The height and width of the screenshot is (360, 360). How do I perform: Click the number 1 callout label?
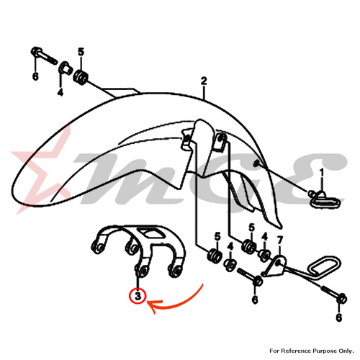[x=322, y=173]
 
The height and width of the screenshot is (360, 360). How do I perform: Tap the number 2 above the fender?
[x=204, y=81]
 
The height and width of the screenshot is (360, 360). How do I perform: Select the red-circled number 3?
[x=138, y=296]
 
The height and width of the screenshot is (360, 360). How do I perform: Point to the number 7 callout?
[x=280, y=240]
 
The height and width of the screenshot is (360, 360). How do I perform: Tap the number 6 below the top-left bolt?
[x=35, y=76]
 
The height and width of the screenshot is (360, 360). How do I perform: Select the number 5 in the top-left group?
[x=81, y=52]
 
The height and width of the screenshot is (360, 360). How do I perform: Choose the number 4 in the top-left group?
[x=60, y=91]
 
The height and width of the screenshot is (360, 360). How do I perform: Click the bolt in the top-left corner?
[x=44, y=55]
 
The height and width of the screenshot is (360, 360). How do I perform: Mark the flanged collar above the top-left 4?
[x=65, y=68]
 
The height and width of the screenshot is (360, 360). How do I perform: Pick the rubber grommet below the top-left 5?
[x=81, y=77]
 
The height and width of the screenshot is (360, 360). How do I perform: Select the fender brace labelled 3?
[x=138, y=251]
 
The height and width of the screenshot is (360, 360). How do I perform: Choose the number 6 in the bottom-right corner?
[x=338, y=318]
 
